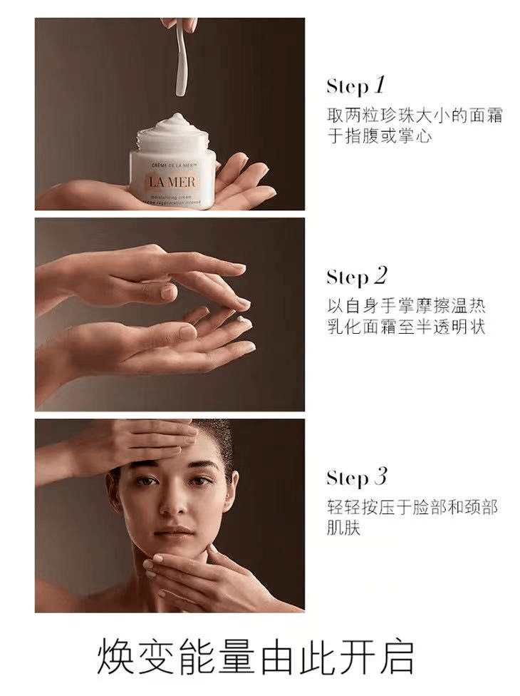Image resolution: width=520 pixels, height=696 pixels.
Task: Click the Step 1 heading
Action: coord(355,86)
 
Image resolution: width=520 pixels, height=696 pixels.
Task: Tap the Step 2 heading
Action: coord(356,276)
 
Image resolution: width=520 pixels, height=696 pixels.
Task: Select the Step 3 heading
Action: coord(356,477)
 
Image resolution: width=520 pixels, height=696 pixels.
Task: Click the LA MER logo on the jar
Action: coord(172,181)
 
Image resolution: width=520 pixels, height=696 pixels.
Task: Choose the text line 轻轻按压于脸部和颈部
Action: coord(412,508)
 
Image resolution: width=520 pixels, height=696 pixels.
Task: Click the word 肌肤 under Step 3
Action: coord(343,528)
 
